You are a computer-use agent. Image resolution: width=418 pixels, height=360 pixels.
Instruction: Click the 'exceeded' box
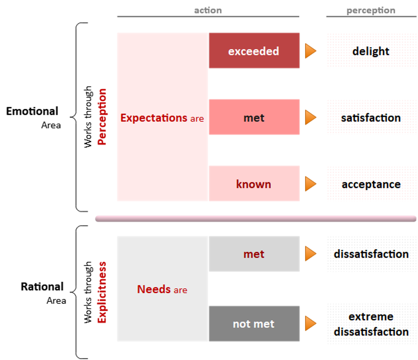coord(254,51)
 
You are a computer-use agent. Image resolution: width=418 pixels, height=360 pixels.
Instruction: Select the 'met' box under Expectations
coord(254,117)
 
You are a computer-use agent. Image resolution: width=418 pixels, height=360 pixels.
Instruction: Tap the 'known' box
coord(254,184)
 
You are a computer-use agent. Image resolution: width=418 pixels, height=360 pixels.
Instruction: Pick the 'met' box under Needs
coord(254,254)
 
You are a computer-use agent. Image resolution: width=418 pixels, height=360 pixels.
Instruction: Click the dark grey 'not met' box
coord(254,324)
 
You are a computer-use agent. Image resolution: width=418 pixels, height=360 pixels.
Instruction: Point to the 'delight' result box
coord(371,51)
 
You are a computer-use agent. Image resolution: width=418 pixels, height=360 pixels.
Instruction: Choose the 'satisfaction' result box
coord(371,117)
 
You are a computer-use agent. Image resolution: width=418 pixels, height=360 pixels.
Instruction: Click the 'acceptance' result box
coord(371,184)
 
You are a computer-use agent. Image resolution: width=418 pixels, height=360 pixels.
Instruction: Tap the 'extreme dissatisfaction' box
coord(371,324)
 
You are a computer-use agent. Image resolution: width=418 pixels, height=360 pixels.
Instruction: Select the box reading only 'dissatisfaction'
coord(371,254)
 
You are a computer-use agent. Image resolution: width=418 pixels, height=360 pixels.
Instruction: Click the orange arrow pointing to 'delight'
coord(310,51)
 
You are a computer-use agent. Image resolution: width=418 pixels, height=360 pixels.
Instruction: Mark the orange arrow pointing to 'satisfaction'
coord(310,117)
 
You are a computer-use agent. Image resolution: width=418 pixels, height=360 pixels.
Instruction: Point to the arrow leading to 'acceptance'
coord(310,184)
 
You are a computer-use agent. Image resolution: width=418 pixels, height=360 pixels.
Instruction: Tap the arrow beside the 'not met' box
coord(310,324)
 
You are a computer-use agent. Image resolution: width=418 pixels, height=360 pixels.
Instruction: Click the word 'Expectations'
coord(153,118)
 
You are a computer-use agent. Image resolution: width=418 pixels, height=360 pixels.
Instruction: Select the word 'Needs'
coord(154,289)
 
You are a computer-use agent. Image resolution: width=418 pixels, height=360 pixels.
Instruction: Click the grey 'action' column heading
coord(208,10)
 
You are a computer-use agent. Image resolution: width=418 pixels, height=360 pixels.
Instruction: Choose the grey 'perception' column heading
coord(371,10)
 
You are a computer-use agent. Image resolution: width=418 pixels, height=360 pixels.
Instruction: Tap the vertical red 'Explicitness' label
coord(102,292)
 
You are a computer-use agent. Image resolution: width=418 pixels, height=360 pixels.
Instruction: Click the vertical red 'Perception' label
coord(102,117)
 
